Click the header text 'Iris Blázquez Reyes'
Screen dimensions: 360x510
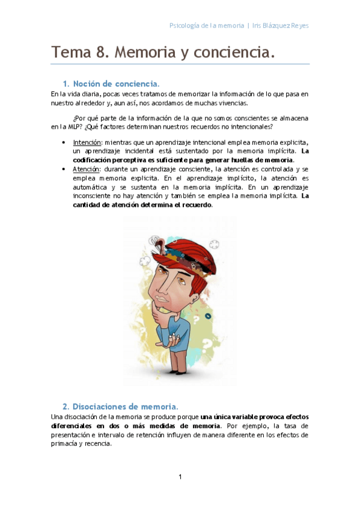281,26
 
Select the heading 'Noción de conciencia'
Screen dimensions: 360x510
116,83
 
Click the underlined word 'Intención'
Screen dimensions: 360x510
87,143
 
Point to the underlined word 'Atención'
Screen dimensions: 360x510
86,170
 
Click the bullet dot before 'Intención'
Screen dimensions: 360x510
64,143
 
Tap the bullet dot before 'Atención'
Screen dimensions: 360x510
64,170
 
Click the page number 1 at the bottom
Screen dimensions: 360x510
180,477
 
